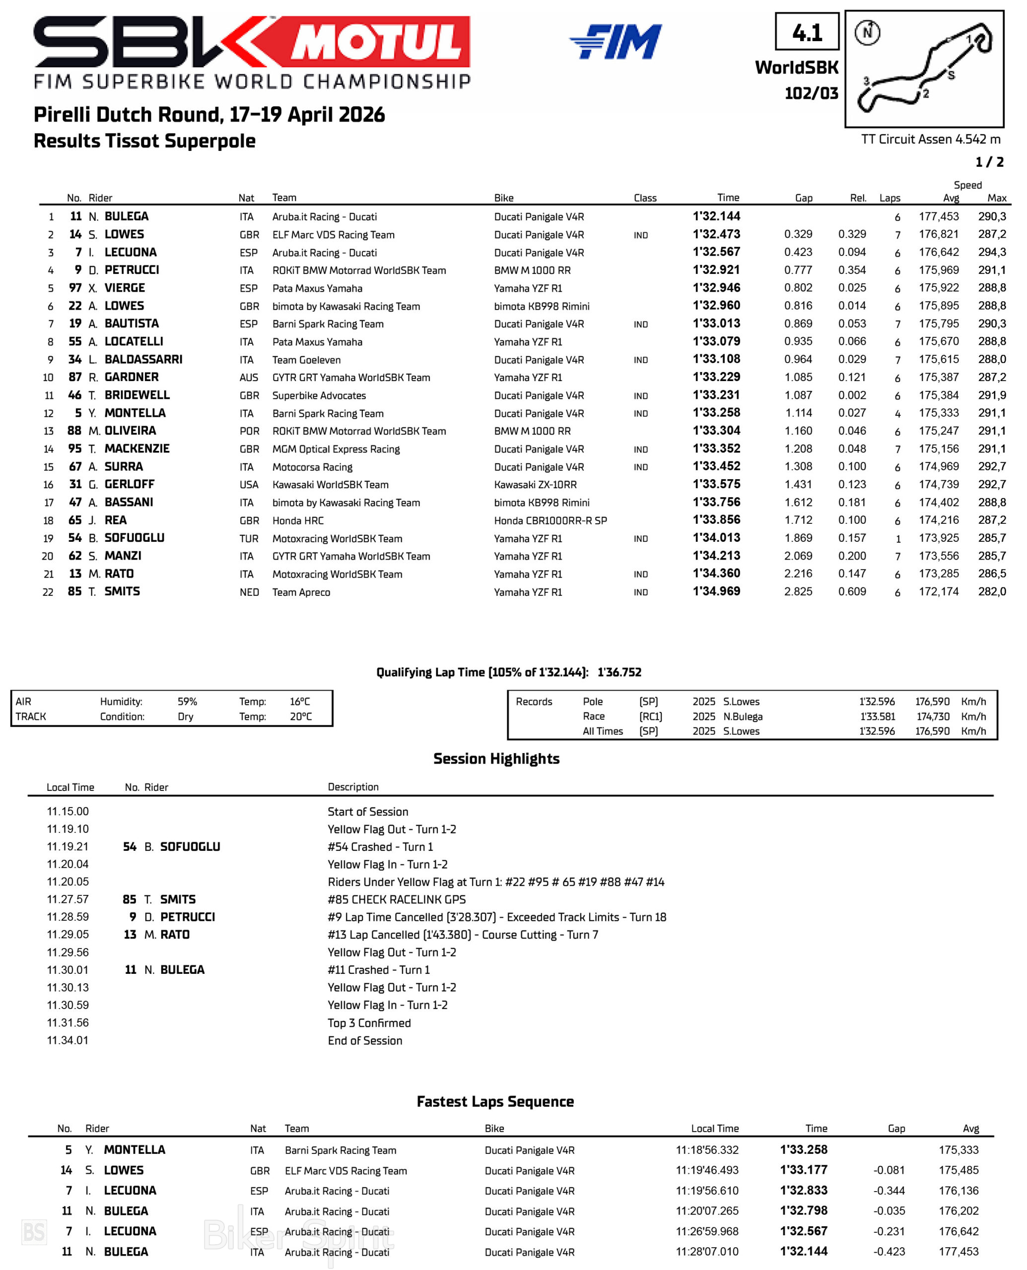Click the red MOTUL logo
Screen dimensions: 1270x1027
pyautogui.click(x=379, y=41)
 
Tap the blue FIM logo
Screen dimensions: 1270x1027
pyautogui.click(x=615, y=41)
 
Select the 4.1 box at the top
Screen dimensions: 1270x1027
pyautogui.click(x=807, y=32)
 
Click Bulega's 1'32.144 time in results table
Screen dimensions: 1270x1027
pyautogui.click(x=716, y=216)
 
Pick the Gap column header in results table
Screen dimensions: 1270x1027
pyautogui.click(x=803, y=198)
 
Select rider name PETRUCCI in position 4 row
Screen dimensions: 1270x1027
pyautogui.click(x=132, y=270)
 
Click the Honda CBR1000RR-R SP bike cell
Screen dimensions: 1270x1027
pyautogui.click(x=550, y=520)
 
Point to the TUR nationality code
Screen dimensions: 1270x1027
pyautogui.click(x=249, y=539)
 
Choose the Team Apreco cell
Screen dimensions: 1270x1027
pyautogui.click(x=301, y=592)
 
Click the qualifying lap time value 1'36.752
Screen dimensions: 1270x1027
pyautogui.click(x=619, y=672)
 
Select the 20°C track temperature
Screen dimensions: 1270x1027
pyautogui.click(x=300, y=716)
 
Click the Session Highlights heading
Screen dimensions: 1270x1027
pyautogui.click(x=496, y=759)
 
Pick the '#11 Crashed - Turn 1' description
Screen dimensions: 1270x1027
pyautogui.click(x=379, y=970)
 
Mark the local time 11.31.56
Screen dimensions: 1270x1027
pyautogui.click(x=68, y=1022)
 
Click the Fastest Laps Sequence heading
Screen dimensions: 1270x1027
pyautogui.click(x=495, y=1101)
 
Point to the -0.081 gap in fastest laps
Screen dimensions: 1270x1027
pyautogui.click(x=889, y=1170)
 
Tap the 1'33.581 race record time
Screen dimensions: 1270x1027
pyautogui.click(x=877, y=716)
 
